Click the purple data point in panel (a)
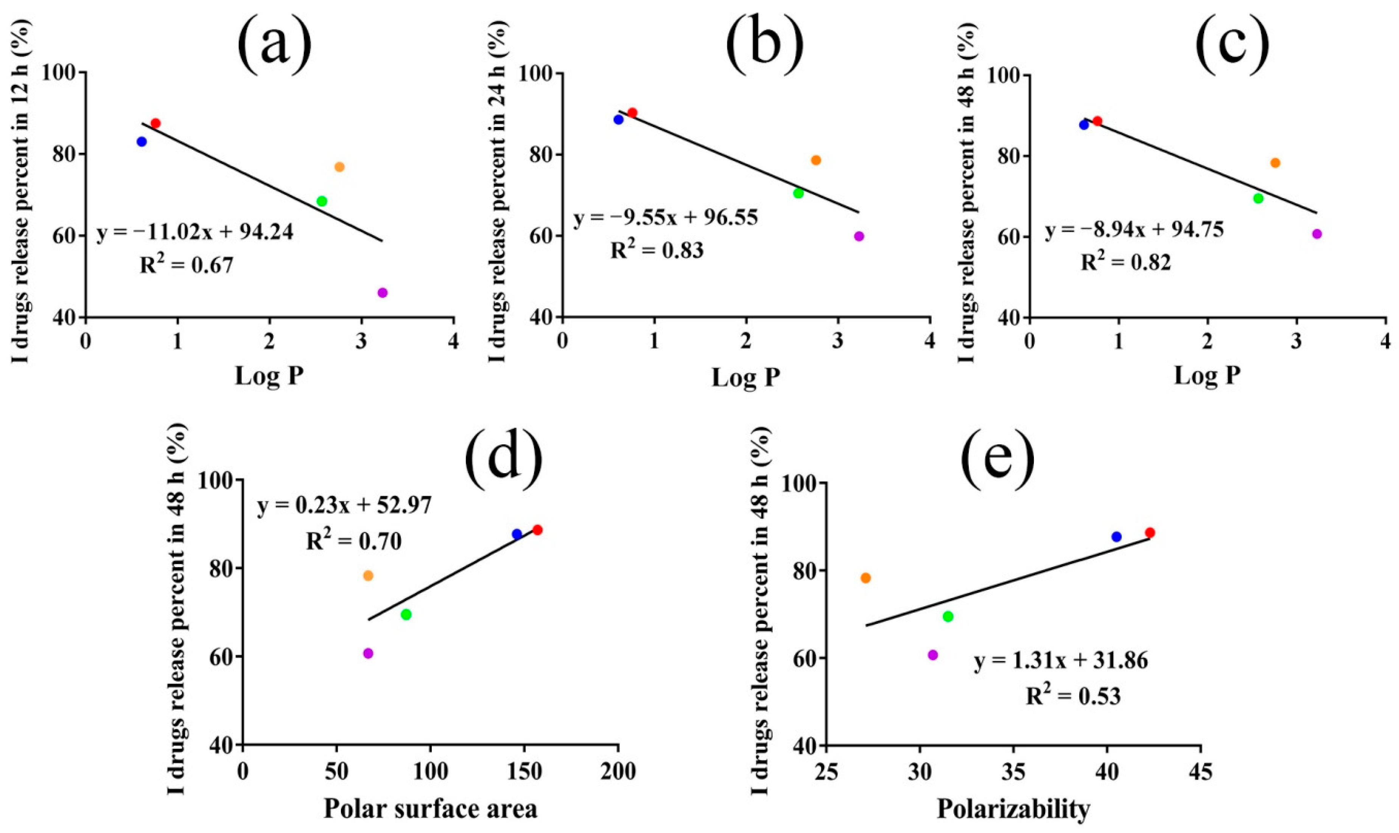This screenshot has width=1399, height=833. tap(383, 292)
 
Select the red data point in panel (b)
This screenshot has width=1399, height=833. tap(632, 112)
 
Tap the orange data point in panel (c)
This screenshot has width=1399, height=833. tap(1275, 163)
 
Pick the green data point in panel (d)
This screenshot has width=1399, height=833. tap(406, 614)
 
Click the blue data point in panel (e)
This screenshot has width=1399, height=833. tap(1116, 537)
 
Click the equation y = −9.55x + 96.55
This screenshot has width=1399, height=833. tap(666, 217)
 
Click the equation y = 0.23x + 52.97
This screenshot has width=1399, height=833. tap(345, 506)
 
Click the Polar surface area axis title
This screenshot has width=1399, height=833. tap(430, 809)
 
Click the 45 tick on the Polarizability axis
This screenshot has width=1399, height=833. tap(1200, 772)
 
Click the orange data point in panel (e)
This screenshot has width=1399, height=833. tap(865, 578)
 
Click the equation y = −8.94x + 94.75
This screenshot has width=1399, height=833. tap(1134, 230)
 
